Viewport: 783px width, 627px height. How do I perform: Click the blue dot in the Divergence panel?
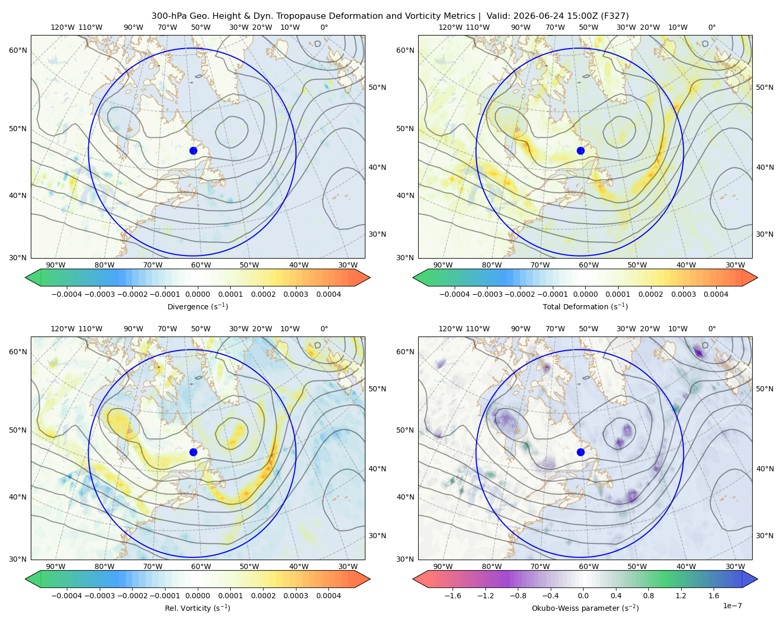pos(193,151)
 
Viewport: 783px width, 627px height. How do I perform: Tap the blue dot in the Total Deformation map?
pos(580,151)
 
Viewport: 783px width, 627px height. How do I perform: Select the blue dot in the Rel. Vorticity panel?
pos(193,452)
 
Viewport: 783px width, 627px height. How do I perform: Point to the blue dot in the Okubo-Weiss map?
pos(580,452)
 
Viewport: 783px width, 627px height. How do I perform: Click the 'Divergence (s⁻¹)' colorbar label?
pos(197,307)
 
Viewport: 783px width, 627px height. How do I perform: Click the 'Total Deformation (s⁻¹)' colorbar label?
pos(585,307)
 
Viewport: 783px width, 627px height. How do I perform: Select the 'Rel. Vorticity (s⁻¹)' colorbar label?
pos(197,608)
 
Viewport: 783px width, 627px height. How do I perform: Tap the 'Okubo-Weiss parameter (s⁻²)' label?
pos(585,608)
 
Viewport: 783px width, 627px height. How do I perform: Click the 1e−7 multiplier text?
pos(732,606)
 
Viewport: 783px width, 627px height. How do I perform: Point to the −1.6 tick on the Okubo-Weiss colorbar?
pos(453,596)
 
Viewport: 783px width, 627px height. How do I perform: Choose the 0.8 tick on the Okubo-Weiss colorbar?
pos(648,596)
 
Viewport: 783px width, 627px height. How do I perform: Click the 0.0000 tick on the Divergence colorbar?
pos(197,294)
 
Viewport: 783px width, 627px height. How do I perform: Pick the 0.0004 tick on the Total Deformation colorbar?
pos(716,294)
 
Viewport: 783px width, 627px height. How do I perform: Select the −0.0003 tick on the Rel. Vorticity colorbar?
pos(99,596)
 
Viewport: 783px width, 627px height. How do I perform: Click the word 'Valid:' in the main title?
pos(499,16)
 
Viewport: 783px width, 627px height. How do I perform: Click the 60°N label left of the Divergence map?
pos(18,50)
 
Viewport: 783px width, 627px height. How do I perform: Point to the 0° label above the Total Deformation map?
pos(712,27)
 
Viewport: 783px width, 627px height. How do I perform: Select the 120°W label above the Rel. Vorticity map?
pos(63,329)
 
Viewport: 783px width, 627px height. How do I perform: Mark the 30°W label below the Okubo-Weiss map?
pos(735,566)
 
